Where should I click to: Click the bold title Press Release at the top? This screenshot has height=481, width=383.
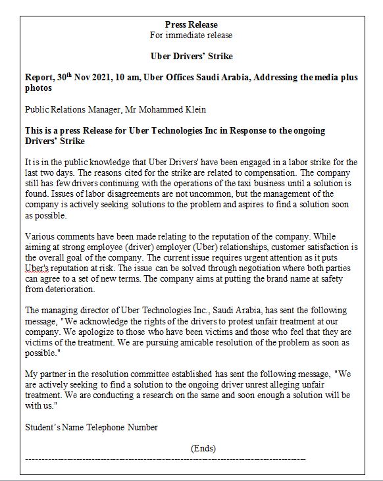point(190,24)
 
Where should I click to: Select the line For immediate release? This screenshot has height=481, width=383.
point(190,35)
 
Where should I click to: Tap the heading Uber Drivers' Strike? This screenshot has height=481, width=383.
point(191,56)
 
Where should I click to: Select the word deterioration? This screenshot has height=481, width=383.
point(71,288)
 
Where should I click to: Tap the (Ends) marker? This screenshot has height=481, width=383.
point(203,448)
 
